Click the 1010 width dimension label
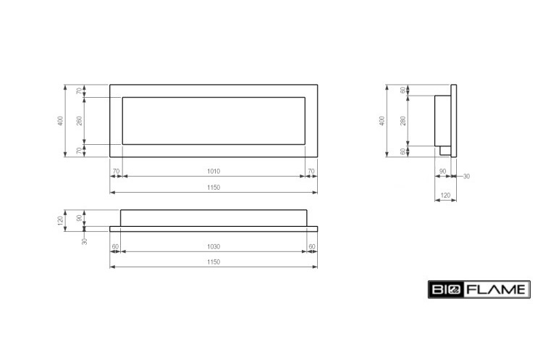pyautogui.click(x=214, y=171)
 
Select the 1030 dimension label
pyautogui.click(x=214, y=247)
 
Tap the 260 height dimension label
pyautogui.click(x=80, y=120)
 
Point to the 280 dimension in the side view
pyautogui.click(x=403, y=120)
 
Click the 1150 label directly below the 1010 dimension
pyautogui.click(x=214, y=188)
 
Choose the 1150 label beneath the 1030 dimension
pyautogui.click(x=214, y=262)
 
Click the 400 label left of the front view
pyautogui.click(x=61, y=120)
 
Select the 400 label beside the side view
pyautogui.click(x=382, y=120)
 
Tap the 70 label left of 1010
pyautogui.click(x=116, y=171)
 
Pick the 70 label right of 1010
pyautogui.click(x=311, y=171)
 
